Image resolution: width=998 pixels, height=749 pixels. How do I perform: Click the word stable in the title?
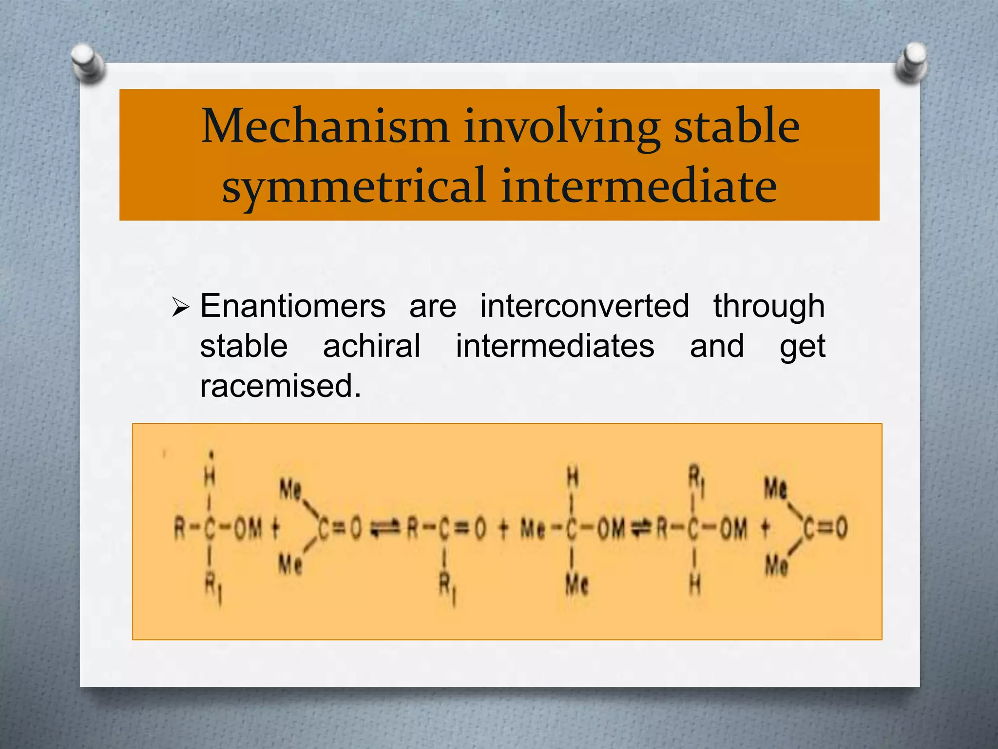pos(736,127)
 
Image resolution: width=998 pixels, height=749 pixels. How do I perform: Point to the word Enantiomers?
pos(293,307)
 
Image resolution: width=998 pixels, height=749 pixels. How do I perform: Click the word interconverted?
pos(584,307)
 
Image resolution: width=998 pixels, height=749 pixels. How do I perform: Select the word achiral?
pos(371,346)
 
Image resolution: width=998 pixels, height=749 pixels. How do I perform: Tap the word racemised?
pos(280,386)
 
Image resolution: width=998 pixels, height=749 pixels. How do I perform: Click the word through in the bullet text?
pos(768,307)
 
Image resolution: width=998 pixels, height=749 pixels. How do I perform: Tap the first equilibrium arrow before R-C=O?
pos(385,528)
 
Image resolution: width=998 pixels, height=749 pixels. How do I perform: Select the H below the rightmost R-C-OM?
pos(695,584)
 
